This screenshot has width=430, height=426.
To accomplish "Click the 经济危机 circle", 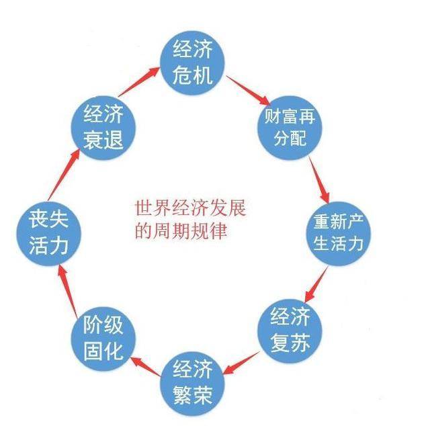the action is click(x=193, y=63).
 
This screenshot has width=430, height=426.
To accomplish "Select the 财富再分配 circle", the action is click(x=290, y=128).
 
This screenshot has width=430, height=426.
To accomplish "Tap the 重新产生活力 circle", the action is click(x=339, y=234).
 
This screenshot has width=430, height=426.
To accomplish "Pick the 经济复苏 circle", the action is click(x=290, y=331).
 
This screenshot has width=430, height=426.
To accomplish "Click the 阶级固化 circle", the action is click(x=103, y=339).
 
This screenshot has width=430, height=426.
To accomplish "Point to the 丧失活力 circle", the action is click(x=49, y=234).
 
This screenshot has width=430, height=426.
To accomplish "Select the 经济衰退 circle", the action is click(x=103, y=128).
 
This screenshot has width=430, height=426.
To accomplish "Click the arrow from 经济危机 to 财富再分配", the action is click(x=248, y=90).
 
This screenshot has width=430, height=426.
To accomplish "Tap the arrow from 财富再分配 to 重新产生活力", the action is click(x=319, y=180).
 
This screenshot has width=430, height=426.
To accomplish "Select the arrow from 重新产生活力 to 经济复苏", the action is click(x=316, y=284).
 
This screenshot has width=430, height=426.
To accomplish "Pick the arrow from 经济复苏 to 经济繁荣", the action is click(x=241, y=363).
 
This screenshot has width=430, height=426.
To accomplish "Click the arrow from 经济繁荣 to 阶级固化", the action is click(x=145, y=366).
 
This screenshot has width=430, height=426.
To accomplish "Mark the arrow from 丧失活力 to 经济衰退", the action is click(x=64, y=175).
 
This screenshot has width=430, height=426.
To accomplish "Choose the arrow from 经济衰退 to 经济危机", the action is click(x=139, y=82).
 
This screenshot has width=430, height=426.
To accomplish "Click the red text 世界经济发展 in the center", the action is click(x=190, y=209).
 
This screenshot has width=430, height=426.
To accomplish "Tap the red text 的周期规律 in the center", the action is click(x=181, y=231).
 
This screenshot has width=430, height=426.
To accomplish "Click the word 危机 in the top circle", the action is click(x=193, y=75).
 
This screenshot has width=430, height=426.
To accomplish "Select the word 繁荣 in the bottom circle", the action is click(x=193, y=394).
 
